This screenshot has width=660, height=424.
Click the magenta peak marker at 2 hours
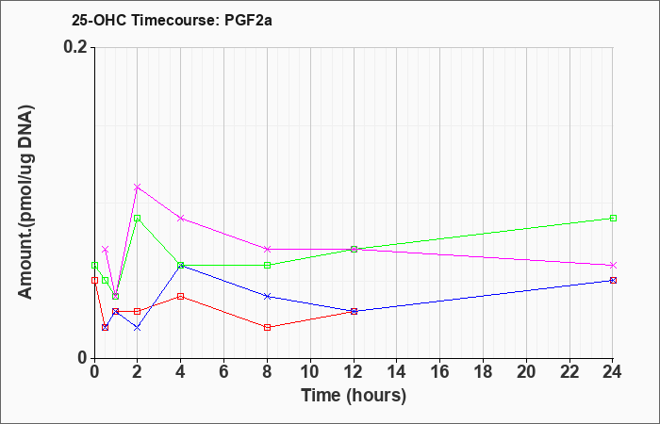point(137,187)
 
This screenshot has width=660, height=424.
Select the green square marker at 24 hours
point(613,218)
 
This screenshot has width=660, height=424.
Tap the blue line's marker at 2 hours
point(137,327)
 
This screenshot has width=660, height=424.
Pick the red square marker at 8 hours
point(268,327)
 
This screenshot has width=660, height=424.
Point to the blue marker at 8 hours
point(268,296)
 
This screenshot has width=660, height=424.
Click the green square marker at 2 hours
point(137,218)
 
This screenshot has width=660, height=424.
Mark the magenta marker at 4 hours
point(180,218)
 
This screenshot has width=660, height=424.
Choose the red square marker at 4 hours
point(180,296)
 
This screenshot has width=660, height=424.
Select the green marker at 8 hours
point(268,265)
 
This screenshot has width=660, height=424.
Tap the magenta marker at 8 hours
point(268,249)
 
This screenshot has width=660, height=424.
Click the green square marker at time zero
point(94,265)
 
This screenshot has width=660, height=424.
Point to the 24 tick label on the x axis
point(613,373)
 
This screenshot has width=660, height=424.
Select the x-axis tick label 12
point(354,373)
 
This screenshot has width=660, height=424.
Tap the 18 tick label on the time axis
point(484,373)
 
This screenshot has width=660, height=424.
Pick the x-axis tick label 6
point(223,373)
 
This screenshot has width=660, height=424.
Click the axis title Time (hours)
point(354,395)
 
